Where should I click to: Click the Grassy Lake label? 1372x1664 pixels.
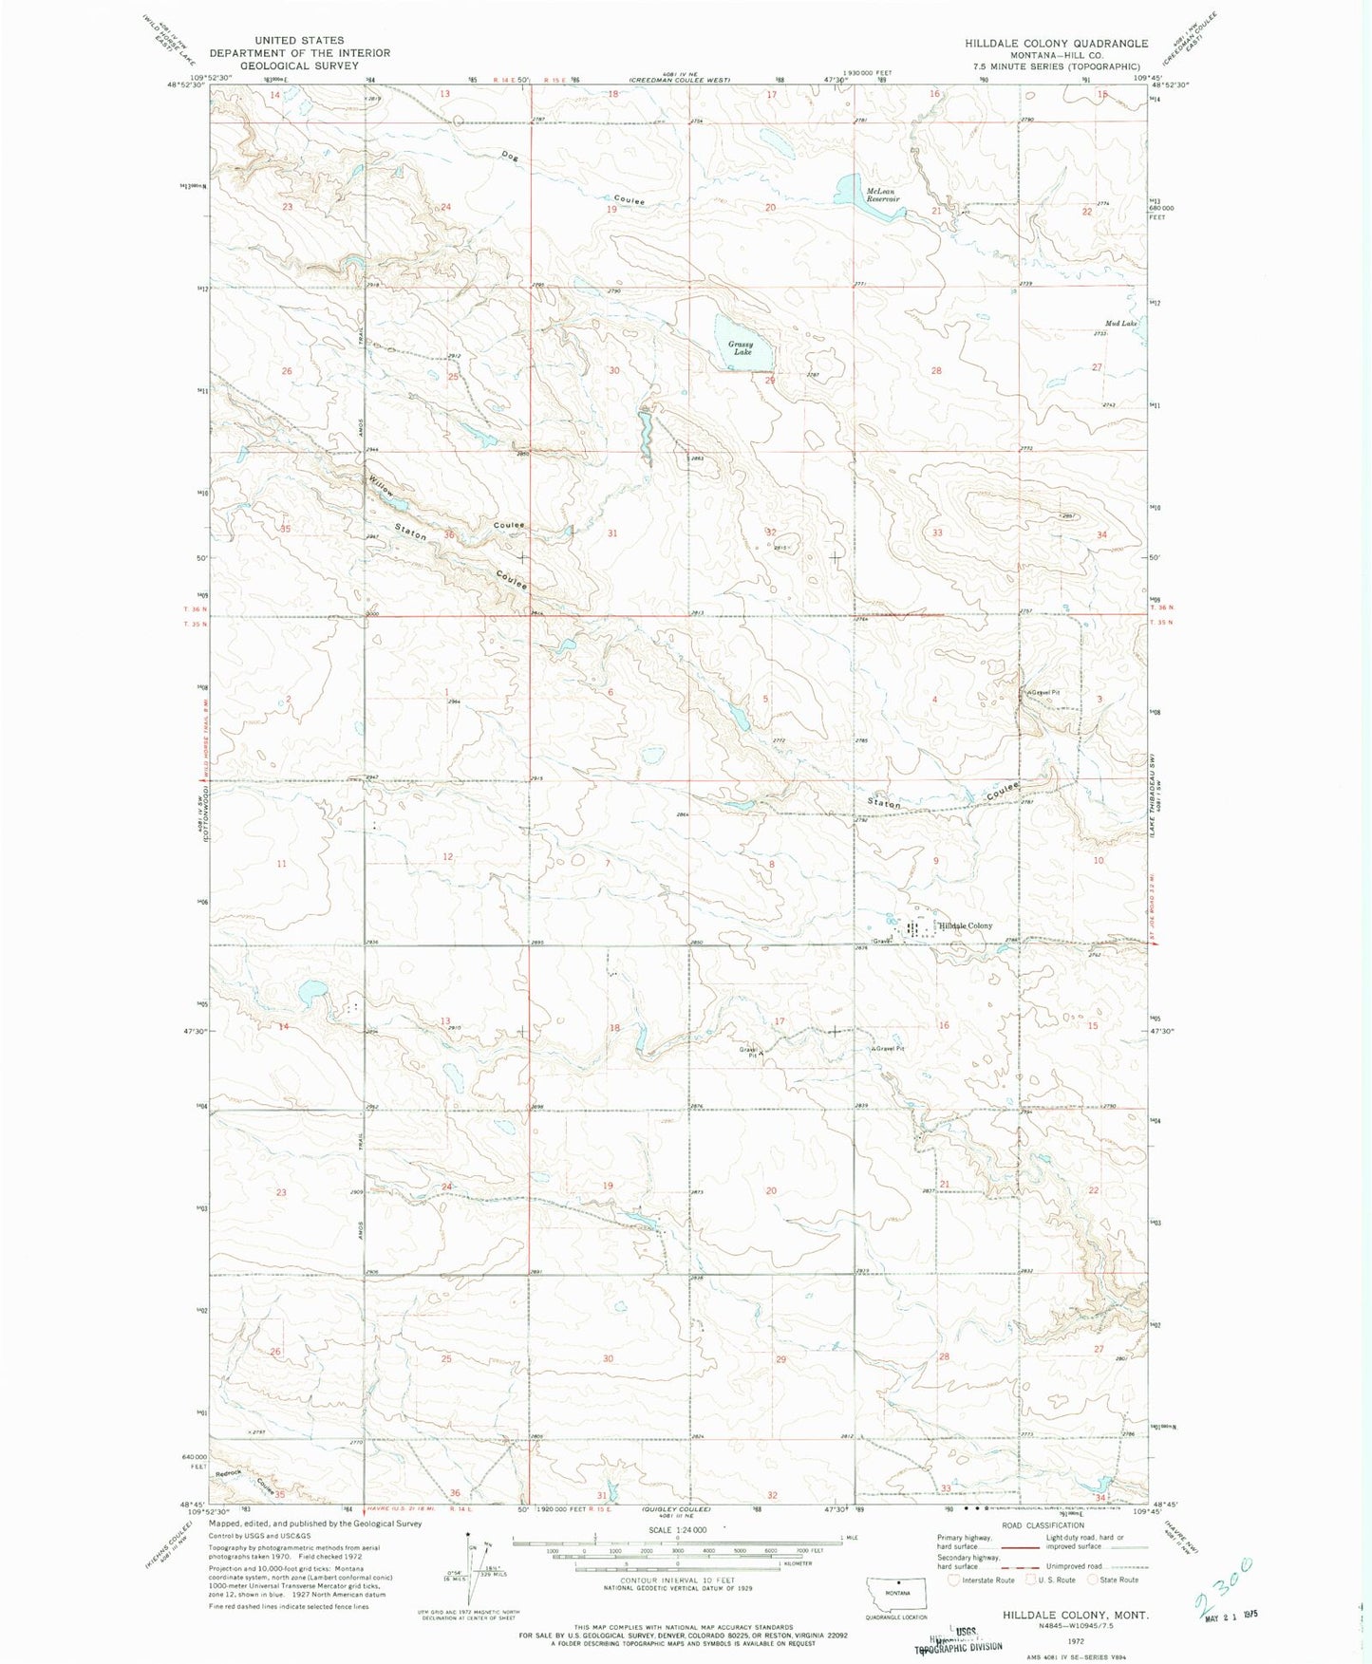(x=742, y=348)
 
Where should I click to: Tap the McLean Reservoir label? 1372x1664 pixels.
(x=880, y=195)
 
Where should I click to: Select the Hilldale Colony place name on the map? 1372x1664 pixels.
(x=966, y=925)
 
